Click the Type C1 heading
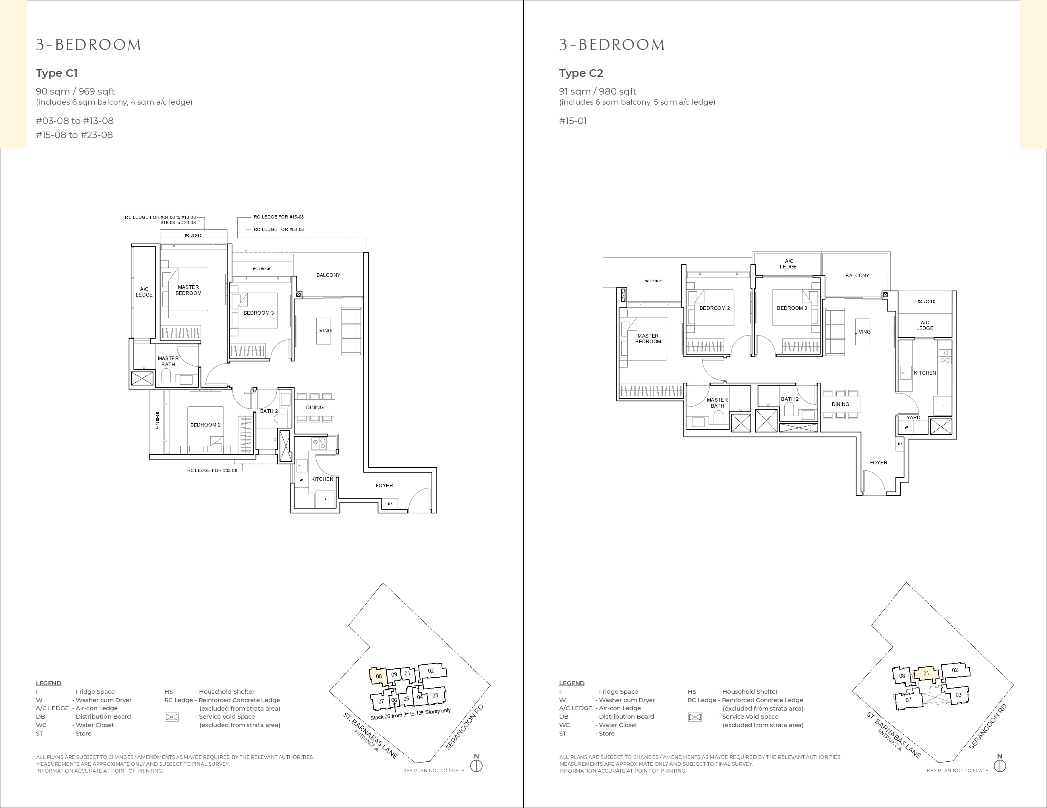pos(56,73)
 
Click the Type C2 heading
pos(581,73)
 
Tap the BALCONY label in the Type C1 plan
pos(328,275)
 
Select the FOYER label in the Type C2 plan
pos(879,463)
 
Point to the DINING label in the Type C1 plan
pos(315,408)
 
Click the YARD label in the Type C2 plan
pos(913,417)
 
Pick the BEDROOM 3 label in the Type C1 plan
pos(259,313)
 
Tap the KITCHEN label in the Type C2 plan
pos(925,373)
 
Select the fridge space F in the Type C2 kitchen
pos(943,406)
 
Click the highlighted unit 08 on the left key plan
pos(379,676)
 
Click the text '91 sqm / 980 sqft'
pos(597,91)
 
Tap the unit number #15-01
pos(573,121)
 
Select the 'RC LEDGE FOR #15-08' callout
pos(278,217)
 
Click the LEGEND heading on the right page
pos(572,683)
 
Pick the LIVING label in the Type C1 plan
pos(323,330)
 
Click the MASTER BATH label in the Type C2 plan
pos(717,403)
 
